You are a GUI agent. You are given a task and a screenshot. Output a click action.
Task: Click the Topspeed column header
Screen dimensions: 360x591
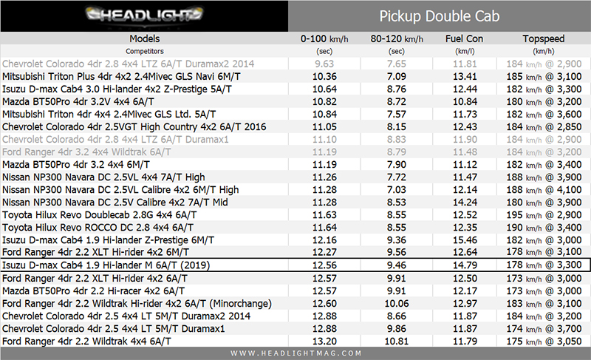pos(543,38)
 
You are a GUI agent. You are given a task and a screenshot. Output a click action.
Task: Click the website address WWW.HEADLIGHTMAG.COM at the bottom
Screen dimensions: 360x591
pos(295,353)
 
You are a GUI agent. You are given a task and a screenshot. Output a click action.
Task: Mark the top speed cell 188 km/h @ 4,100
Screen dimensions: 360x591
pos(543,189)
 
